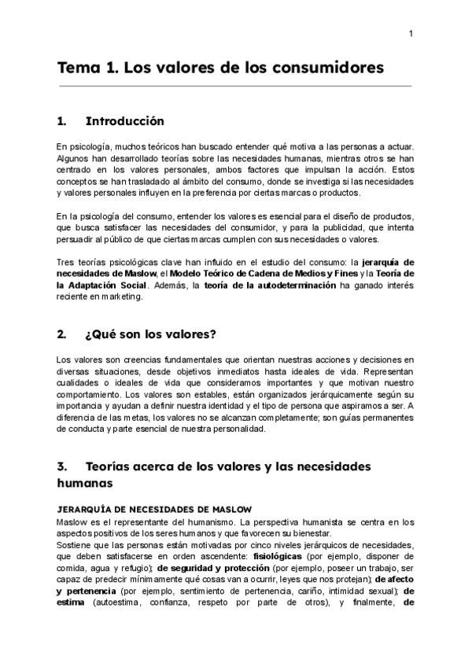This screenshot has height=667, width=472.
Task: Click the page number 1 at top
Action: tap(411, 32)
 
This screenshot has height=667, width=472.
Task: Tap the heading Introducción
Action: tap(124, 121)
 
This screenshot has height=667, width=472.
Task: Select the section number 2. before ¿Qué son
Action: tap(62, 333)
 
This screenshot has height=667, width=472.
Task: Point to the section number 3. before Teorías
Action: tap(62, 466)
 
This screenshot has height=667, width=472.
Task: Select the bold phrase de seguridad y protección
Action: tap(213, 566)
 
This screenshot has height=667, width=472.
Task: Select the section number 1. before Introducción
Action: tap(62, 121)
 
